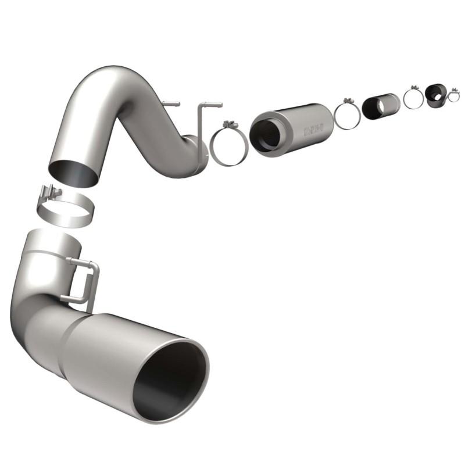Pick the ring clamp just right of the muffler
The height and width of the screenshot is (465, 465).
[x=347, y=116]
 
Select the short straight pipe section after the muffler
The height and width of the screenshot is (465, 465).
[x=381, y=106]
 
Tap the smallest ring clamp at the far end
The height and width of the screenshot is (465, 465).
[x=453, y=96]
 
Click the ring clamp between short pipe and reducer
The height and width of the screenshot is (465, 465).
[x=413, y=99]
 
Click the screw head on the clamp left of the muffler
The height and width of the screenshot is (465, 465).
[x=228, y=124]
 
